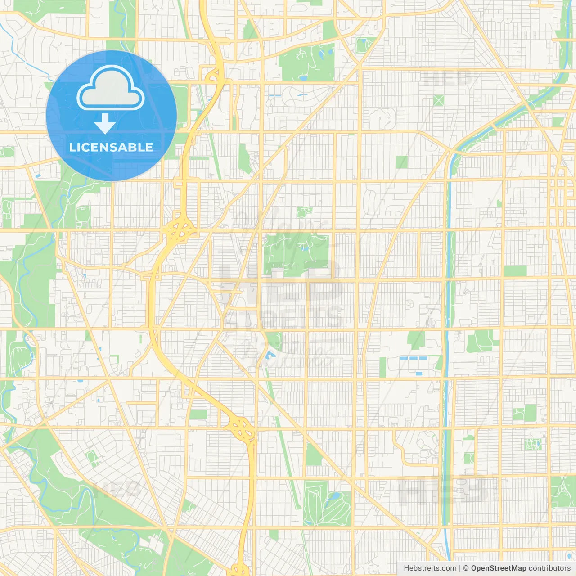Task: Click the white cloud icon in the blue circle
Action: [x=111, y=88]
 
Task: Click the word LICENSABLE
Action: [x=111, y=147]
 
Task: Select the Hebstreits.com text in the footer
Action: [x=430, y=568]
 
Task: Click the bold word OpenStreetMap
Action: [x=499, y=568]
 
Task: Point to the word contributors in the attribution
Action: [x=549, y=568]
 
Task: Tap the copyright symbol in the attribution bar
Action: [x=466, y=568]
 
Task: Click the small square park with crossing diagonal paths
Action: [x=439, y=100]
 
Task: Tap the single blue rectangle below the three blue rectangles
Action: [x=419, y=373]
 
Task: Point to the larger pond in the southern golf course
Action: [x=335, y=497]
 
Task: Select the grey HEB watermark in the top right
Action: [x=448, y=79]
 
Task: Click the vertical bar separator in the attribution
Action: [x=459, y=568]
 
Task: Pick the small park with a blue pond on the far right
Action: [x=533, y=445]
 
